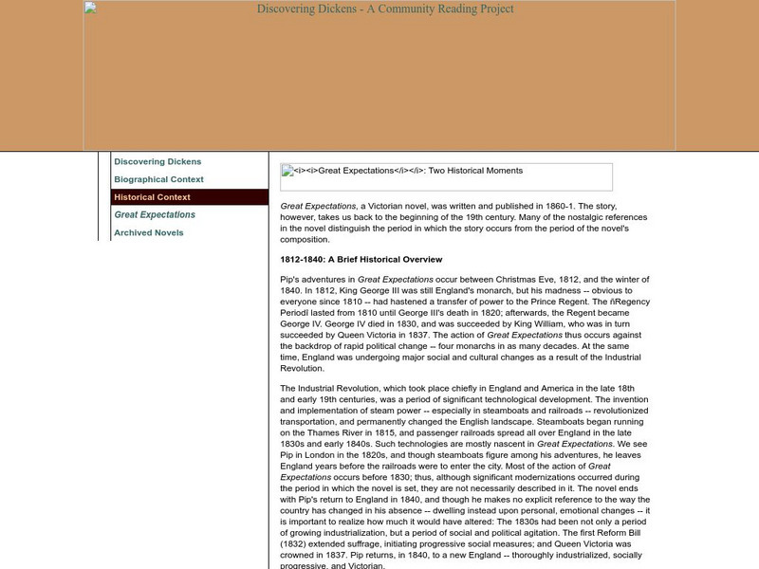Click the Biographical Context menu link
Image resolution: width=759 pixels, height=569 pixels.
pyautogui.click(x=158, y=179)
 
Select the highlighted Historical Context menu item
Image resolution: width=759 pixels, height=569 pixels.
pyautogui.click(x=152, y=197)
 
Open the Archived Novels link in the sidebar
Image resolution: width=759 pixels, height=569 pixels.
pyautogui.click(x=149, y=232)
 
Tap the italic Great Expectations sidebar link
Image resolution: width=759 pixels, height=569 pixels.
pyautogui.click(x=155, y=214)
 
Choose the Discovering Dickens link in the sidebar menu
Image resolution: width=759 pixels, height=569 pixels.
pyautogui.click(x=157, y=161)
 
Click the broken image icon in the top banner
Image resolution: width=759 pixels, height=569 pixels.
pyautogui.click(x=90, y=9)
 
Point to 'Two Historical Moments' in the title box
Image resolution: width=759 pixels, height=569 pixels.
pyautogui.click(x=475, y=171)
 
